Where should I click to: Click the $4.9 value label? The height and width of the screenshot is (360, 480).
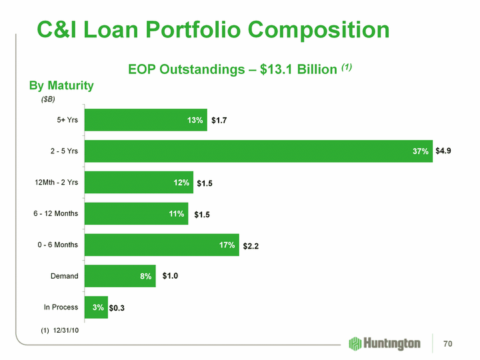click(x=444, y=151)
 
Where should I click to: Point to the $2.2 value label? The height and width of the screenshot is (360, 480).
click(x=251, y=246)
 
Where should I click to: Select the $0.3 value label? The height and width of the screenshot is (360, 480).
click(x=119, y=308)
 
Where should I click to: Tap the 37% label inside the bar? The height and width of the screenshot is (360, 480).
click(x=420, y=152)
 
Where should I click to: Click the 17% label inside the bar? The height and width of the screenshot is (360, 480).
click(x=227, y=245)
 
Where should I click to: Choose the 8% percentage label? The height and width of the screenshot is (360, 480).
click(x=146, y=277)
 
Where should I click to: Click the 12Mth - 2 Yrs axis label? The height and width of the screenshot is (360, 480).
click(x=57, y=182)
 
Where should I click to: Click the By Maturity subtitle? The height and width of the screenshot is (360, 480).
click(x=61, y=86)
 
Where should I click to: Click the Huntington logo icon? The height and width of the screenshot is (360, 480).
click(x=356, y=343)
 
